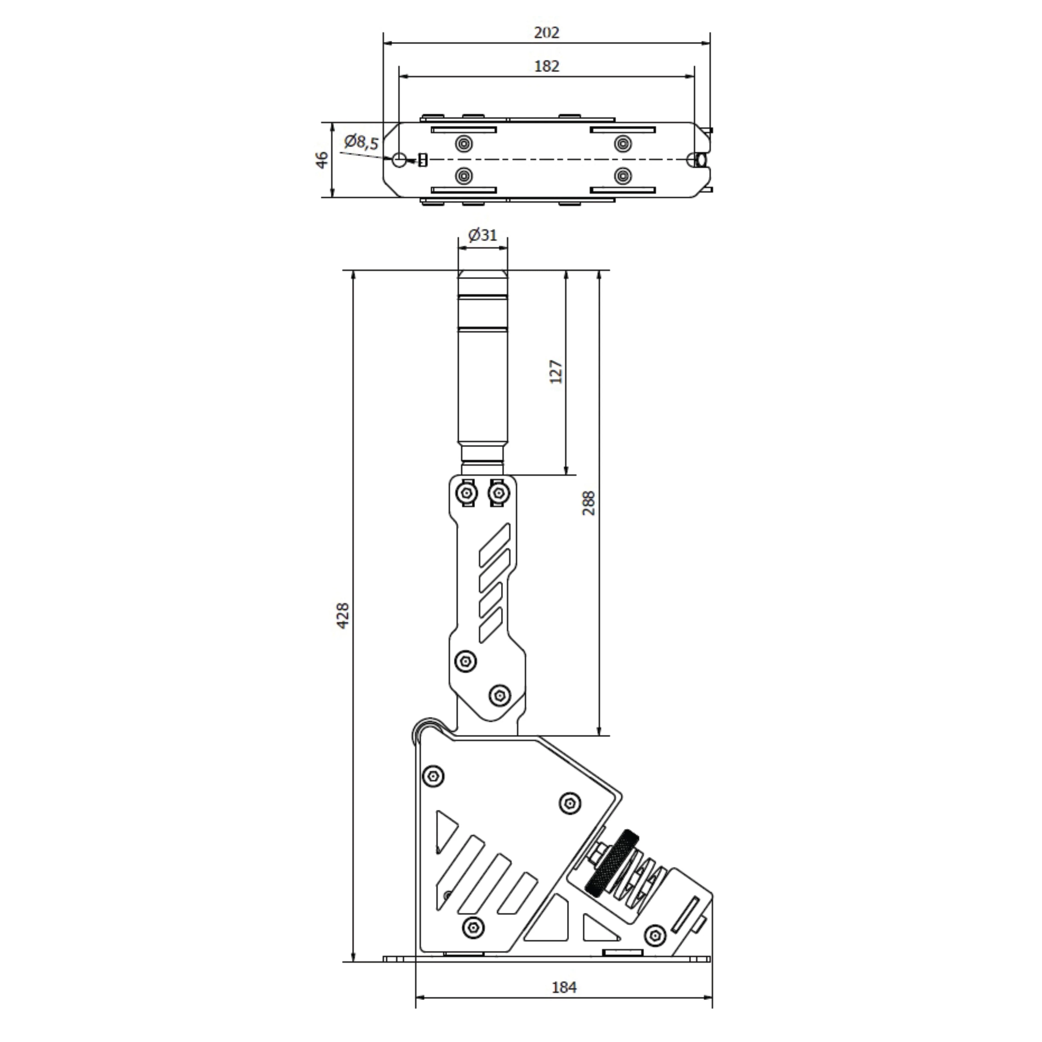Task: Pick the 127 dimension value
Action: pyautogui.click(x=556, y=372)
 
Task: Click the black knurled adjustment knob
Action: pyautogui.click(x=612, y=863)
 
